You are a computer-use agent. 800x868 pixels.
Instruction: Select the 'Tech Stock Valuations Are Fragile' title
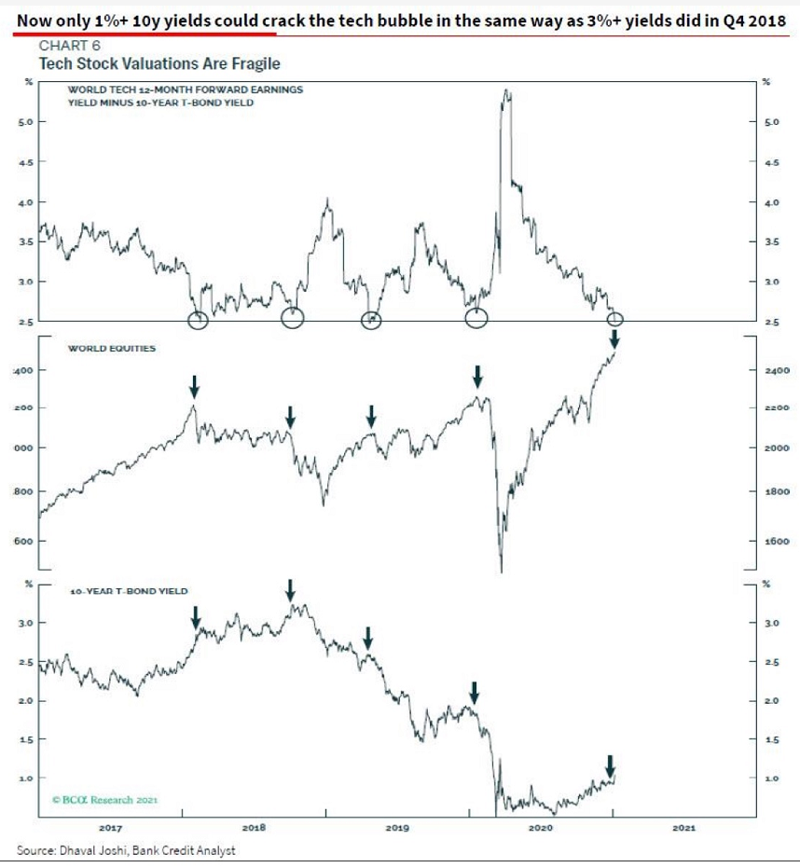click(159, 63)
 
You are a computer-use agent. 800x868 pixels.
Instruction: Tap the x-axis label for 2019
click(397, 826)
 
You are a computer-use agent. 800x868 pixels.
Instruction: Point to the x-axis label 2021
click(683, 826)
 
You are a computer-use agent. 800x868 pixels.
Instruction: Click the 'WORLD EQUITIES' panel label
click(111, 349)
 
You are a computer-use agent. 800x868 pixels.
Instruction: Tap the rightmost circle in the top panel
click(614, 320)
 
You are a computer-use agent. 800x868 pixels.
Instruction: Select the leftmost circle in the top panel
click(198, 320)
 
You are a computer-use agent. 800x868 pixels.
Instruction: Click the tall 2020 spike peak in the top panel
click(506, 91)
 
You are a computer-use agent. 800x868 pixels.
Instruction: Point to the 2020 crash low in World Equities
click(502, 571)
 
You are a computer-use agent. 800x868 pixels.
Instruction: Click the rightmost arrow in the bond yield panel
click(610, 765)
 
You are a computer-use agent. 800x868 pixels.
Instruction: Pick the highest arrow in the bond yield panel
click(290, 589)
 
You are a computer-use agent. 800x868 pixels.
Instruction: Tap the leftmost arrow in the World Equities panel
click(194, 385)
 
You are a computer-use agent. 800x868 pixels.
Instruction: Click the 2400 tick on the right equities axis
click(777, 371)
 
